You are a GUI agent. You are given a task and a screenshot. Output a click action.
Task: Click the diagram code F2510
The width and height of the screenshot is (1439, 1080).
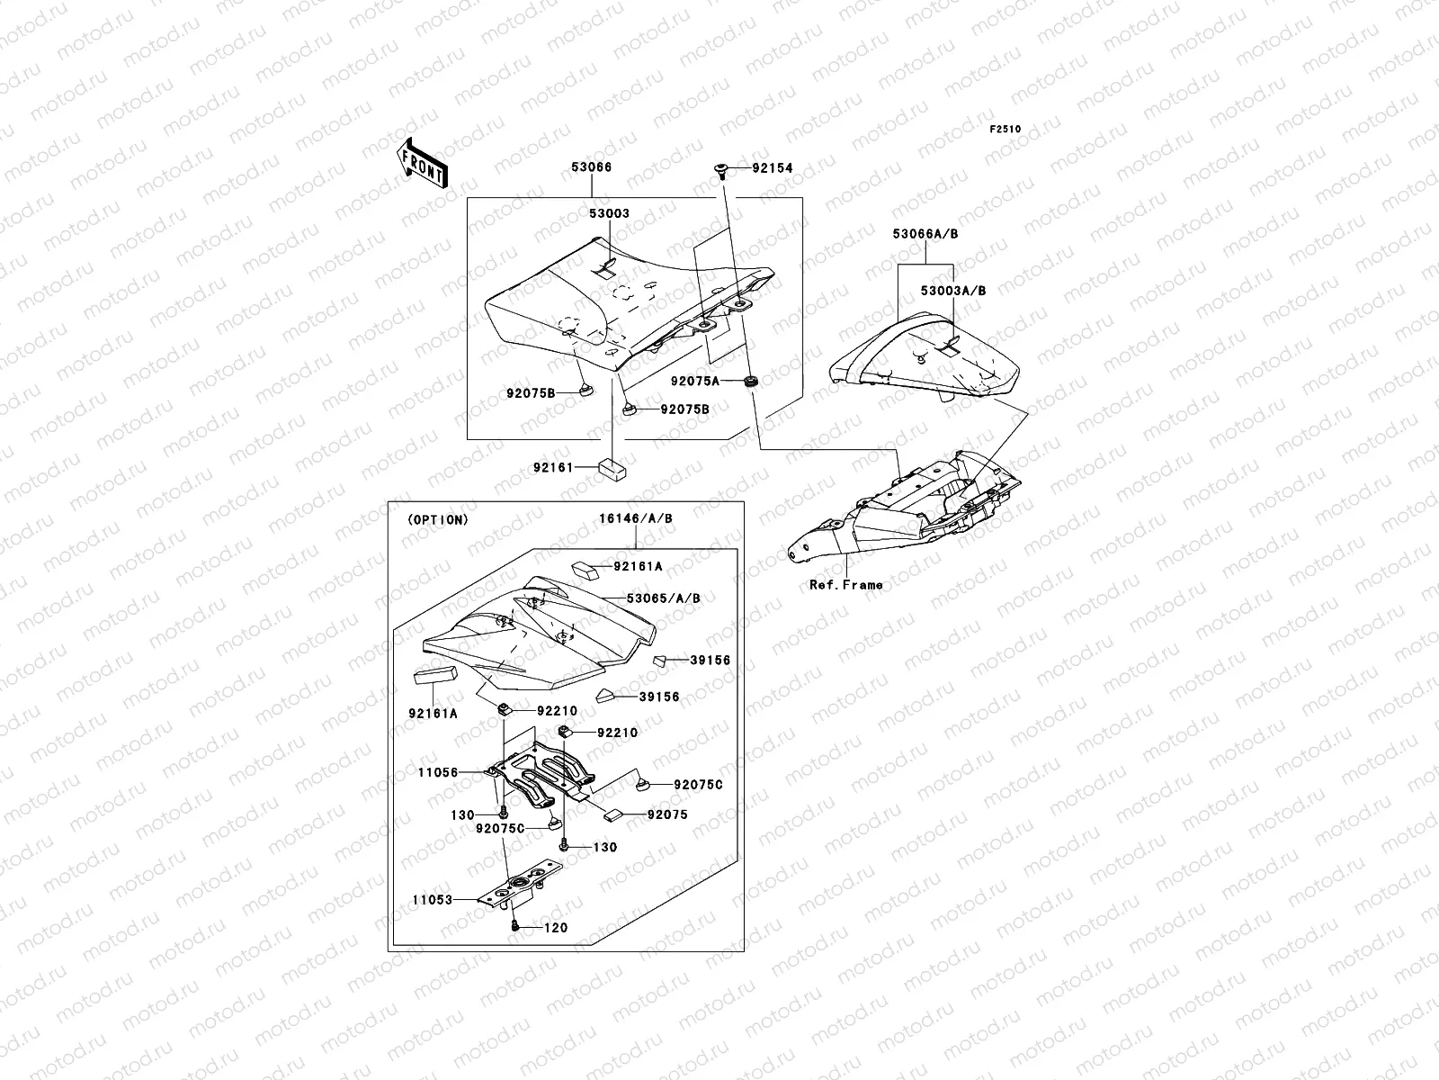[x=1006, y=130]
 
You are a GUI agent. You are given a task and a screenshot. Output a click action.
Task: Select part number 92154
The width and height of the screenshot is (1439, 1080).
[x=773, y=168]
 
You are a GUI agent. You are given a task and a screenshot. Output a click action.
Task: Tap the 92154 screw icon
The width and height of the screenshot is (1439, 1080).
[x=721, y=169]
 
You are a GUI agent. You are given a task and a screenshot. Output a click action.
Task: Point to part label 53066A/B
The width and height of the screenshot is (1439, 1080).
[x=925, y=233]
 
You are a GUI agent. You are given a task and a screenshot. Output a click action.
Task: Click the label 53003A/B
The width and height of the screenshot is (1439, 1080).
[x=953, y=291]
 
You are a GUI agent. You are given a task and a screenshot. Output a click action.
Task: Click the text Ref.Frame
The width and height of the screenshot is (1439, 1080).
[x=845, y=585]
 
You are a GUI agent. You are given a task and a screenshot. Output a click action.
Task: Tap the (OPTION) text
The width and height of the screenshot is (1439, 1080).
[x=437, y=520]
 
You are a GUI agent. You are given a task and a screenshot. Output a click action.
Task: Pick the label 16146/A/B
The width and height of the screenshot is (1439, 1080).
[x=635, y=518]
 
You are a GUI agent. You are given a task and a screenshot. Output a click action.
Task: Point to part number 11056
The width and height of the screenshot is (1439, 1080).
[x=438, y=772]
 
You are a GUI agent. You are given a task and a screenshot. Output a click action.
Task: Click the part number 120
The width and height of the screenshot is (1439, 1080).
[x=556, y=928]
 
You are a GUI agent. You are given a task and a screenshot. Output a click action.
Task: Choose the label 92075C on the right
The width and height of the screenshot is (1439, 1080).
[x=698, y=785]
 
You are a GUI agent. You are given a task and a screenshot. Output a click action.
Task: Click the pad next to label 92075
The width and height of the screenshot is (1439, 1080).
[x=614, y=814]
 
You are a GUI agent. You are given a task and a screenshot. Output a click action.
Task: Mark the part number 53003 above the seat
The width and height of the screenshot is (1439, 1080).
[x=609, y=214]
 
